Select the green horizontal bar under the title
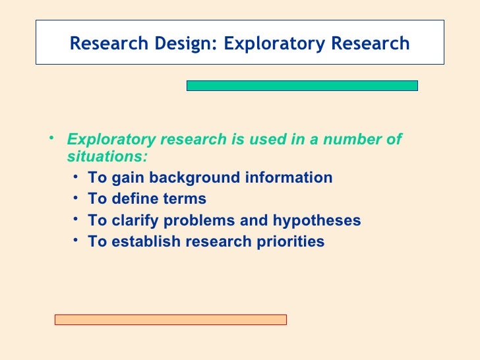(302, 86)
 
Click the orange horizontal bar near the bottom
(170, 320)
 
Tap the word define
(131, 199)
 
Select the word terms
(183, 199)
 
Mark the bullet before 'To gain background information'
(78, 177)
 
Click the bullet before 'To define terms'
(78, 198)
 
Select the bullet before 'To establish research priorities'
(78, 240)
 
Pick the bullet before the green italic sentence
(53, 138)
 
